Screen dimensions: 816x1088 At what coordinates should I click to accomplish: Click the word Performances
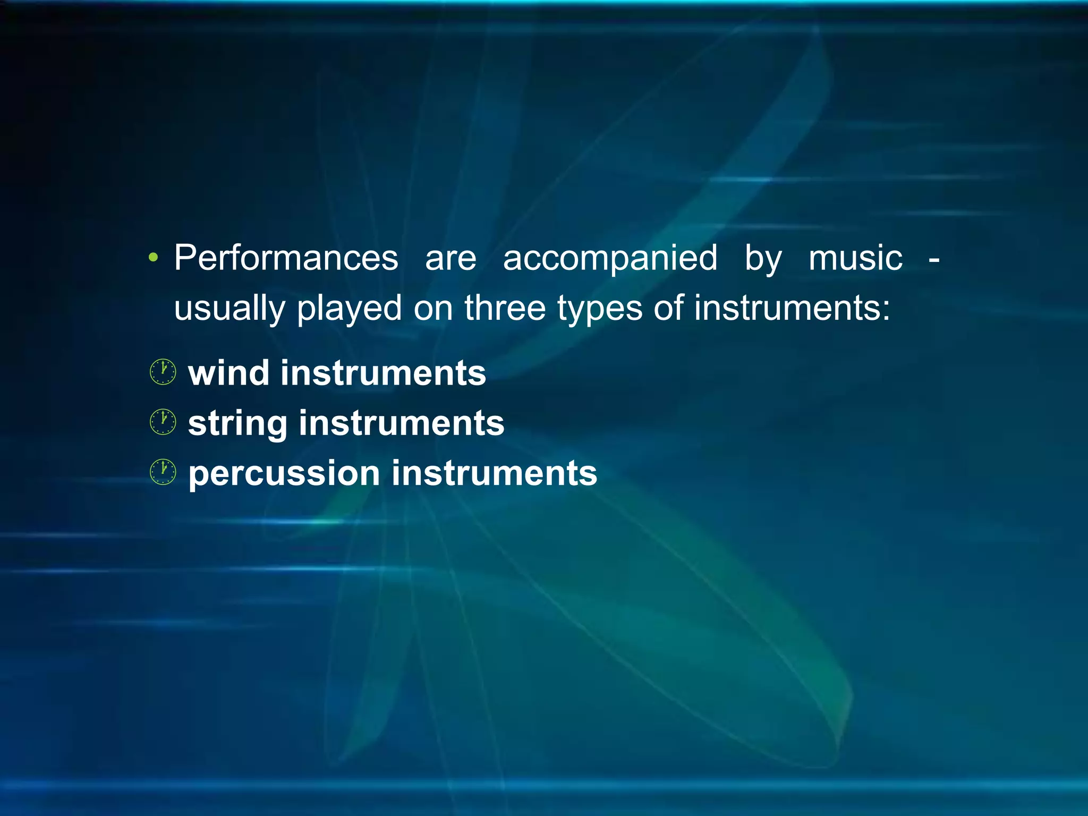coord(286,258)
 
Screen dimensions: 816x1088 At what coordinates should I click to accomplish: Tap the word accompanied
coord(610,258)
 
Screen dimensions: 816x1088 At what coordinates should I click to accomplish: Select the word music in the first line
coord(855,258)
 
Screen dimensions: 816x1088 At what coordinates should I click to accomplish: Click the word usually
coord(229,309)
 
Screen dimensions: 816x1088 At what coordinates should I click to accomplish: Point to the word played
coord(349,309)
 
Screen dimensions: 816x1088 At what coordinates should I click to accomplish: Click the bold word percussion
coord(284,474)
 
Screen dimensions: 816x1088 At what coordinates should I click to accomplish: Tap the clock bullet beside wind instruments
coord(163,372)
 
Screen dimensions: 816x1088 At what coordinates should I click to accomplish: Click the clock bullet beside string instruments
coord(163,422)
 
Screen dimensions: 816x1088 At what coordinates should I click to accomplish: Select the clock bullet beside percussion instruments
coord(163,472)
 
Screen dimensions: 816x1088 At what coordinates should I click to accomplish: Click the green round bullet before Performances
coord(154,259)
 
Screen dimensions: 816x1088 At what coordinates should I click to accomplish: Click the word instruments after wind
coord(383,373)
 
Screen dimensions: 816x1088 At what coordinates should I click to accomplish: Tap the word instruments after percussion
coord(494,474)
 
